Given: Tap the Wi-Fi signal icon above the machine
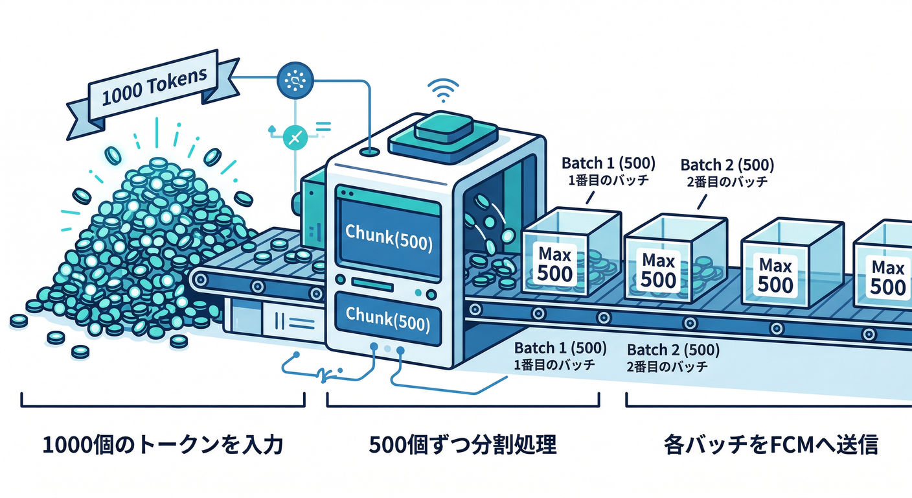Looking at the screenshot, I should pyautogui.click(x=444, y=91).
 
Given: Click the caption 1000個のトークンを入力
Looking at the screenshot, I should pyautogui.click(x=163, y=445).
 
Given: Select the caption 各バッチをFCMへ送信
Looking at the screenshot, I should pyautogui.click(x=770, y=445).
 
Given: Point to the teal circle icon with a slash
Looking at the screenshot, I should pyautogui.click(x=295, y=137).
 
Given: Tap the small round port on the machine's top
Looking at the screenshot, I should pyautogui.click(x=370, y=152).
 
